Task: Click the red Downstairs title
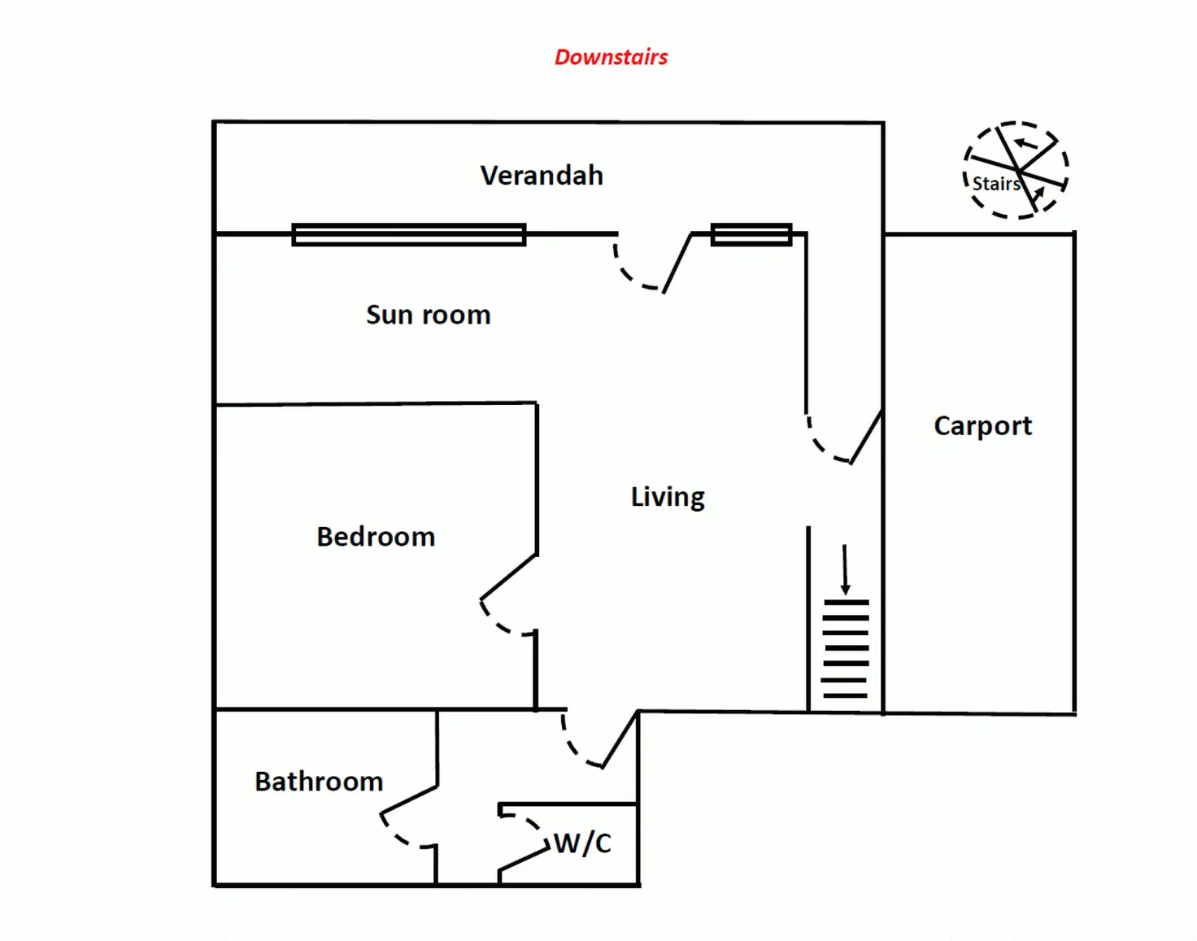coord(611,57)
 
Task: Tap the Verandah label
coord(542,176)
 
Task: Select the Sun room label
coord(428,315)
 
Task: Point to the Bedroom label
coord(376,537)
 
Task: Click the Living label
coord(668,497)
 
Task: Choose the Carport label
coord(982,425)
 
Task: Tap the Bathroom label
coord(319,782)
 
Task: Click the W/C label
coord(583,843)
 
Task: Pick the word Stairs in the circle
coord(995,184)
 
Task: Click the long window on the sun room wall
coord(408,234)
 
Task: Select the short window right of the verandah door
coord(751,234)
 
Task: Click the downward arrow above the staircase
coord(845,569)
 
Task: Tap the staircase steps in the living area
coord(846,649)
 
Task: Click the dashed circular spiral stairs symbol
coord(1016,170)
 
